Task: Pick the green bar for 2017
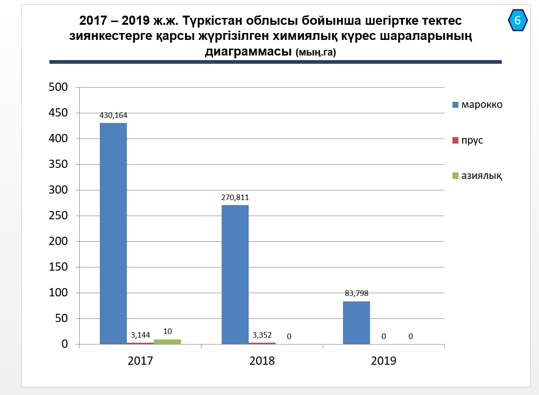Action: (167, 342)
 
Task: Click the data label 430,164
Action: (114, 116)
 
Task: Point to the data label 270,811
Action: (235, 198)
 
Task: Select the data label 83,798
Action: (356, 294)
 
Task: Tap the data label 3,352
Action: (262, 335)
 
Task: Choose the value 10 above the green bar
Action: (167, 331)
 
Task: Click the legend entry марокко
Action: (481, 105)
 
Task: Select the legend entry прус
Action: (472, 140)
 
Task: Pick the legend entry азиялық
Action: (481, 176)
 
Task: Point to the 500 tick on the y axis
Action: (58, 87)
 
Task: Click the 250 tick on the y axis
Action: (58, 216)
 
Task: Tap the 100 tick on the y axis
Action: (58, 293)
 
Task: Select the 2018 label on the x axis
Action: (262, 361)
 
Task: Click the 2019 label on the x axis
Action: (383, 361)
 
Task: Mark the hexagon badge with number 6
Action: (517, 20)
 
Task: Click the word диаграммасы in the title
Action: (248, 51)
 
